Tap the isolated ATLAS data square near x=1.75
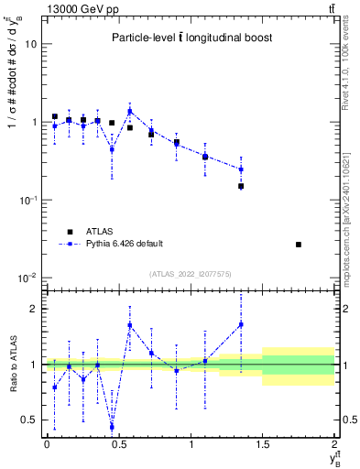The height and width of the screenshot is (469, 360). tap(299, 245)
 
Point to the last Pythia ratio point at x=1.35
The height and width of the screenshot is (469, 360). tap(241, 323)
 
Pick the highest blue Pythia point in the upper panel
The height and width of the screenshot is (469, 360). tap(130, 112)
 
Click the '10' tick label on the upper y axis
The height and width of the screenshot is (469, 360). tap(30, 44)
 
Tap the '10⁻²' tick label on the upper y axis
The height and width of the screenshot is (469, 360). tap(27, 278)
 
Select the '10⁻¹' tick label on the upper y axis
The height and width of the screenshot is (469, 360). tap(27, 200)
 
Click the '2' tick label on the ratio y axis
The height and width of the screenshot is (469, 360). tap(34, 309)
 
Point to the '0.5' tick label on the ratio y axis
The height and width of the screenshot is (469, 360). tap(30, 420)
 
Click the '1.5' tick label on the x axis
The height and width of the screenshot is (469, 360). tap(263, 445)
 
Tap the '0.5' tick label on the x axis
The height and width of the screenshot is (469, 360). tap(119, 445)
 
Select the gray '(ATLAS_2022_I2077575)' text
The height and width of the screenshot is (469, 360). tap(191, 274)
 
